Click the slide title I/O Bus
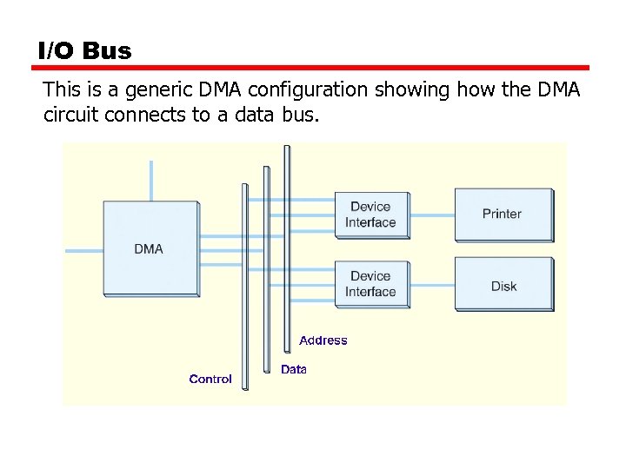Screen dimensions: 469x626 pyautogui.click(x=84, y=50)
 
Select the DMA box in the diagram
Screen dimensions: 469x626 pyautogui.click(x=150, y=248)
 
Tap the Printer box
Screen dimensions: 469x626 pyautogui.click(x=503, y=214)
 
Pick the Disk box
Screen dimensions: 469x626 pyautogui.click(x=503, y=285)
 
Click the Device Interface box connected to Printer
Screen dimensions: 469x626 pyautogui.click(x=371, y=215)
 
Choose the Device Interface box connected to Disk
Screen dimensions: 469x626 pyautogui.click(x=371, y=284)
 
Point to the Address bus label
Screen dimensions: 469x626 pyautogui.click(x=323, y=340)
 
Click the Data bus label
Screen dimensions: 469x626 pyautogui.click(x=294, y=369)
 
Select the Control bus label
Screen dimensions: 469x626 pyautogui.click(x=210, y=379)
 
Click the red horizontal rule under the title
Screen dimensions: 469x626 pyautogui.click(x=313, y=68)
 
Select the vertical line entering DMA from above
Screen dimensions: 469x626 pyautogui.click(x=151, y=181)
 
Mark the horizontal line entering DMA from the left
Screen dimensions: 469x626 pyautogui.click(x=83, y=251)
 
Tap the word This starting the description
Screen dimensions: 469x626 pyautogui.click(x=60, y=89)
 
